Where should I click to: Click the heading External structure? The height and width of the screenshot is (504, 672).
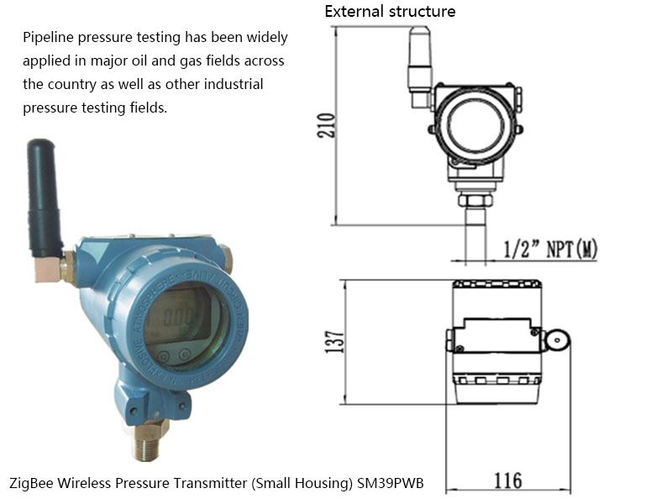(390, 12)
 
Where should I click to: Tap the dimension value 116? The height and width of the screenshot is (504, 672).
(507, 480)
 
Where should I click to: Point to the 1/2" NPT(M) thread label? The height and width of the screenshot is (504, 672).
(550, 249)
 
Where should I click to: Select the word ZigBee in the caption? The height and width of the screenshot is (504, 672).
(31, 484)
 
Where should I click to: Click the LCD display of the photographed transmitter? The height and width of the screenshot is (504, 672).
(175, 318)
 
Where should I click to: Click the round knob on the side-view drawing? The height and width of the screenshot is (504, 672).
(556, 339)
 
